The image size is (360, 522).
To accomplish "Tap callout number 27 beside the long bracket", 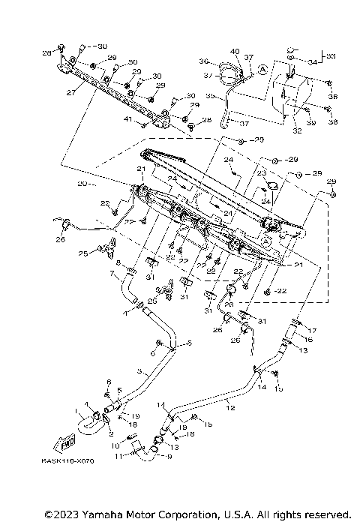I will tap(71, 94).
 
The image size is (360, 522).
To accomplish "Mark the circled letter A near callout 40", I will tap(262, 68).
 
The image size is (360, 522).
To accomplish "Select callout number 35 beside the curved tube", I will tap(211, 96).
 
